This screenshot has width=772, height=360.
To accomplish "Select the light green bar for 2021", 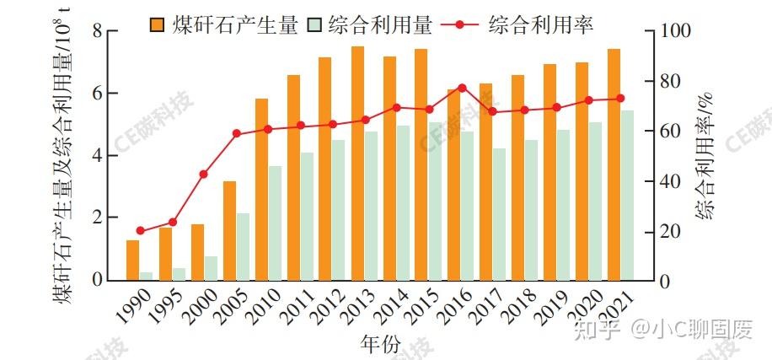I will pos(627,195).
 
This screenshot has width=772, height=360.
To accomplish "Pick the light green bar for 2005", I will pos(243,246).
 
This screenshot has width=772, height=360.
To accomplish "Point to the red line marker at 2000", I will pos(204,175).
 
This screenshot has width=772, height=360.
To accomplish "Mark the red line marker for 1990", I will pos(140,231).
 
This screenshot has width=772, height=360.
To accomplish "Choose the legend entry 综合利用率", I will pos(539,24).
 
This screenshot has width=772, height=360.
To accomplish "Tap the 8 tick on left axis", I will pos(98,32).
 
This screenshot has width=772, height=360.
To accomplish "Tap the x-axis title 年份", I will pos(381,344).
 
